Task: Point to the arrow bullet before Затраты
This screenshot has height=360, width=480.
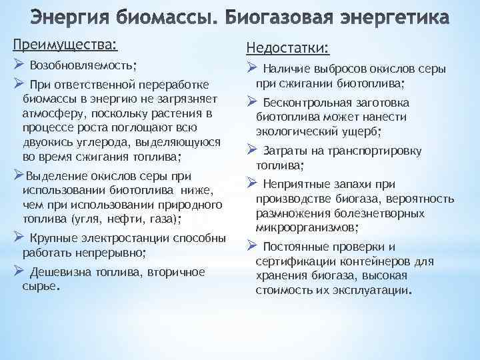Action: click(x=252, y=149)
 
